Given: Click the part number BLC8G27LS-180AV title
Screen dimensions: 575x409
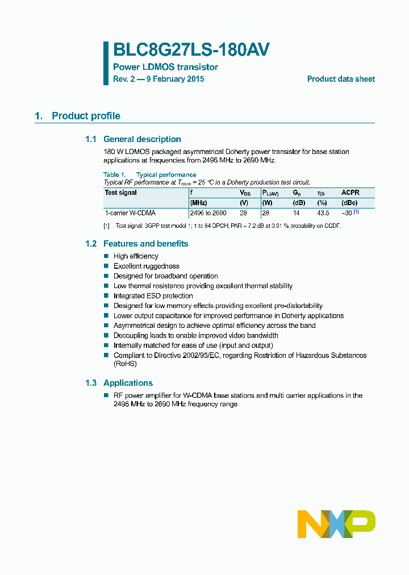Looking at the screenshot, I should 191,50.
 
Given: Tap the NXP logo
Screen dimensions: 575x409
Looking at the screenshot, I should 336,524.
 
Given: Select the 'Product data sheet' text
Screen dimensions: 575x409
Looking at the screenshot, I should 341,79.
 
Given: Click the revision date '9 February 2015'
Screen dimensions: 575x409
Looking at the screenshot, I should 175,79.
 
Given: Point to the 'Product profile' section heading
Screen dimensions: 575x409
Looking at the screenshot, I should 86,116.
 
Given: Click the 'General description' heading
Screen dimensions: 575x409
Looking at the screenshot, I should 142,139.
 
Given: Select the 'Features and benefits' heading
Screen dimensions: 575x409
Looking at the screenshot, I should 145,244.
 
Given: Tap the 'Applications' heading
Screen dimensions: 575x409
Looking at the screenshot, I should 128,383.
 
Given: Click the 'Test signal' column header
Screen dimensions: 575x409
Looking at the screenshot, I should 121,193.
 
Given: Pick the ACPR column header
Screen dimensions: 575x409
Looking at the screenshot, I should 350,193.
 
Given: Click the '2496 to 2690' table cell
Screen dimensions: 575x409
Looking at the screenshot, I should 208,213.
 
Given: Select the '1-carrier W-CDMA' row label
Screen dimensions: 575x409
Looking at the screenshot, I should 130,213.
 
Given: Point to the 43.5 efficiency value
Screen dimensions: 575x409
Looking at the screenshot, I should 323,213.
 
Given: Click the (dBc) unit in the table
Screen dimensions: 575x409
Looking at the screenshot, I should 349,203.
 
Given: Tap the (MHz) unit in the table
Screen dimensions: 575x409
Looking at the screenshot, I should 199,203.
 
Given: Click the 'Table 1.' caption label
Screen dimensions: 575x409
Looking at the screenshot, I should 115,174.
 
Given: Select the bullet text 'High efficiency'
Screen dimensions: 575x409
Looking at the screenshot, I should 136,256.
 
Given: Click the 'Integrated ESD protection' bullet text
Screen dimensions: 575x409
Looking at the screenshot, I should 153,296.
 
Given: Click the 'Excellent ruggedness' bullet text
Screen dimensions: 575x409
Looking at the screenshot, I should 146,266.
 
